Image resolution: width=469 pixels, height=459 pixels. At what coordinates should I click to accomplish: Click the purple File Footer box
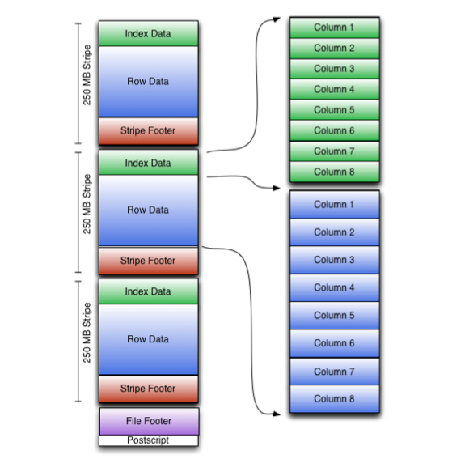(148, 421)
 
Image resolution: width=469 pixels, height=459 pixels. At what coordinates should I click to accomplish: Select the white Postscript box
(148, 440)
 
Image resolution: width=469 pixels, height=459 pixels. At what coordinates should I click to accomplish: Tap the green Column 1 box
(334, 28)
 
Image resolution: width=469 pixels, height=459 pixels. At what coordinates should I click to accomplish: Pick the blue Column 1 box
(334, 205)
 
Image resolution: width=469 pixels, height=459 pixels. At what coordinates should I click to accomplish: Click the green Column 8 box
(334, 172)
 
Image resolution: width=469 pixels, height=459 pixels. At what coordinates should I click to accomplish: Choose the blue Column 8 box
(334, 399)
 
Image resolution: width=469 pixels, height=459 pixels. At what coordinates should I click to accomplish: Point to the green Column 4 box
(334, 89)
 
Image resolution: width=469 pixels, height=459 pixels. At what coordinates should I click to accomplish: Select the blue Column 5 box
(334, 316)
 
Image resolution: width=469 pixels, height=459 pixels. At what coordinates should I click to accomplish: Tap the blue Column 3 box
(334, 260)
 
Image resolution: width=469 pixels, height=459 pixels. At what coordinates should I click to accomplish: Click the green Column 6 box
(334, 130)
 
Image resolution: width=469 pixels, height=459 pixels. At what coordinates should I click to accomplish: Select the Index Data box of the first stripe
(148, 34)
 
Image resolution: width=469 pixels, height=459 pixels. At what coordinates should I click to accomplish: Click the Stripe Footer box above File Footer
(148, 389)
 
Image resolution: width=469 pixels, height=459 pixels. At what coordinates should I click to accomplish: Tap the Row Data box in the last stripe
(148, 340)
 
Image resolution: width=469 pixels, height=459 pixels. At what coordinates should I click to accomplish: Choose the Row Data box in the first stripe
(148, 82)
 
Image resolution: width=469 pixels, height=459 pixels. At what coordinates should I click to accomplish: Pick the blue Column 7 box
(334, 372)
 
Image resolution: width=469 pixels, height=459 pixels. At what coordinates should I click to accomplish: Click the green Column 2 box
(334, 48)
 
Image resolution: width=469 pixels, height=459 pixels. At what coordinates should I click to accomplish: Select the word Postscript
(148, 440)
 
